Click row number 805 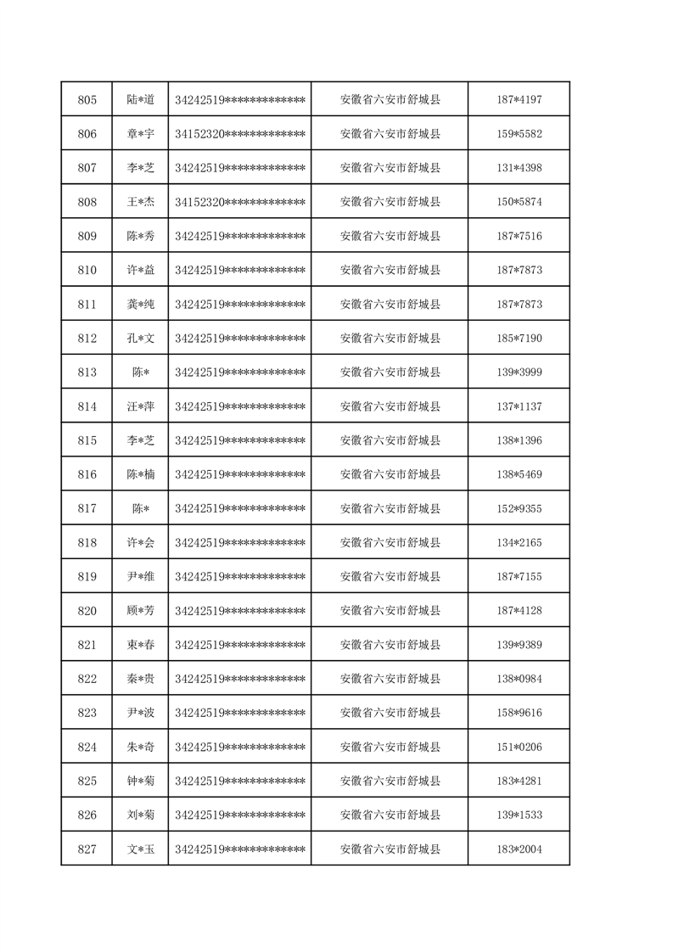point(87,100)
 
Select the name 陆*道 point(140,100)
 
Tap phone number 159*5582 point(519,134)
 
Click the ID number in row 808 point(239,202)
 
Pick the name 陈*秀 point(140,236)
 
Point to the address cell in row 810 point(390,270)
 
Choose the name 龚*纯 point(140,304)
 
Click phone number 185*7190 point(519,339)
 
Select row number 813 point(87,372)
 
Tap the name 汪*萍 point(140,406)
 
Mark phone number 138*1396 point(519,440)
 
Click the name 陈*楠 point(140,474)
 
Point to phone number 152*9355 point(519,508)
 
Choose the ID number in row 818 point(239,542)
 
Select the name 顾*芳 point(140,611)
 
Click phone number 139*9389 point(519,645)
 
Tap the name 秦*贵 point(140,679)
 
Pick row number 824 point(87,747)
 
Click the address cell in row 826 point(390,815)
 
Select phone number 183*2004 point(519,849)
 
